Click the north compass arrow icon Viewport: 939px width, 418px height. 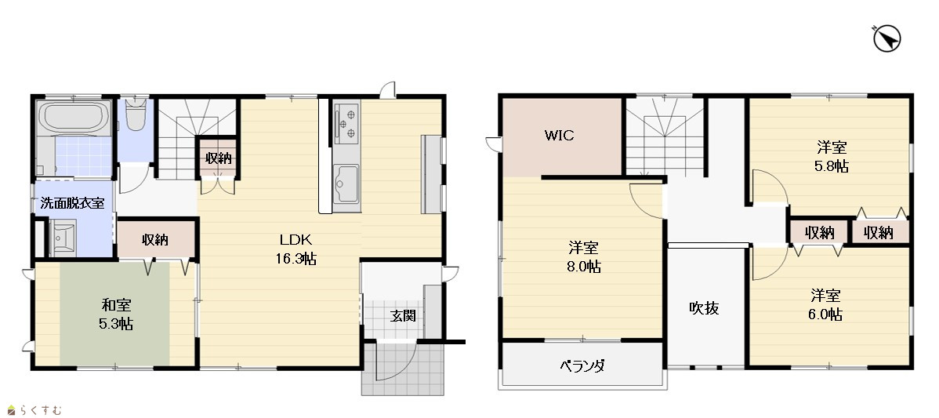887,39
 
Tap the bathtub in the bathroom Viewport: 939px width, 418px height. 74,118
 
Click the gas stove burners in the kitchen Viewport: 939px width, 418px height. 346,123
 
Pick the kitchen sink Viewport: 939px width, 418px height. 346,184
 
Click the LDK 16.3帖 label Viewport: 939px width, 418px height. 295,249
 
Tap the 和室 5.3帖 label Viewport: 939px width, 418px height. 116,315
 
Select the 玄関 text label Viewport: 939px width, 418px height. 403,315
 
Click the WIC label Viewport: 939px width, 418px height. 559,136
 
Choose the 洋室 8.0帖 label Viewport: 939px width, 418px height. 583,257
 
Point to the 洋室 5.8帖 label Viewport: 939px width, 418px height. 832,157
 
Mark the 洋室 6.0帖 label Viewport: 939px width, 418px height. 825,305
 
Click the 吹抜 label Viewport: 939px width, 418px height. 704,308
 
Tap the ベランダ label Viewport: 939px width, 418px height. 582,365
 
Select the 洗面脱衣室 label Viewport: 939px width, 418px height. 72,203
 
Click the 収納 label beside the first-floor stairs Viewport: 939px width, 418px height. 218,158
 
